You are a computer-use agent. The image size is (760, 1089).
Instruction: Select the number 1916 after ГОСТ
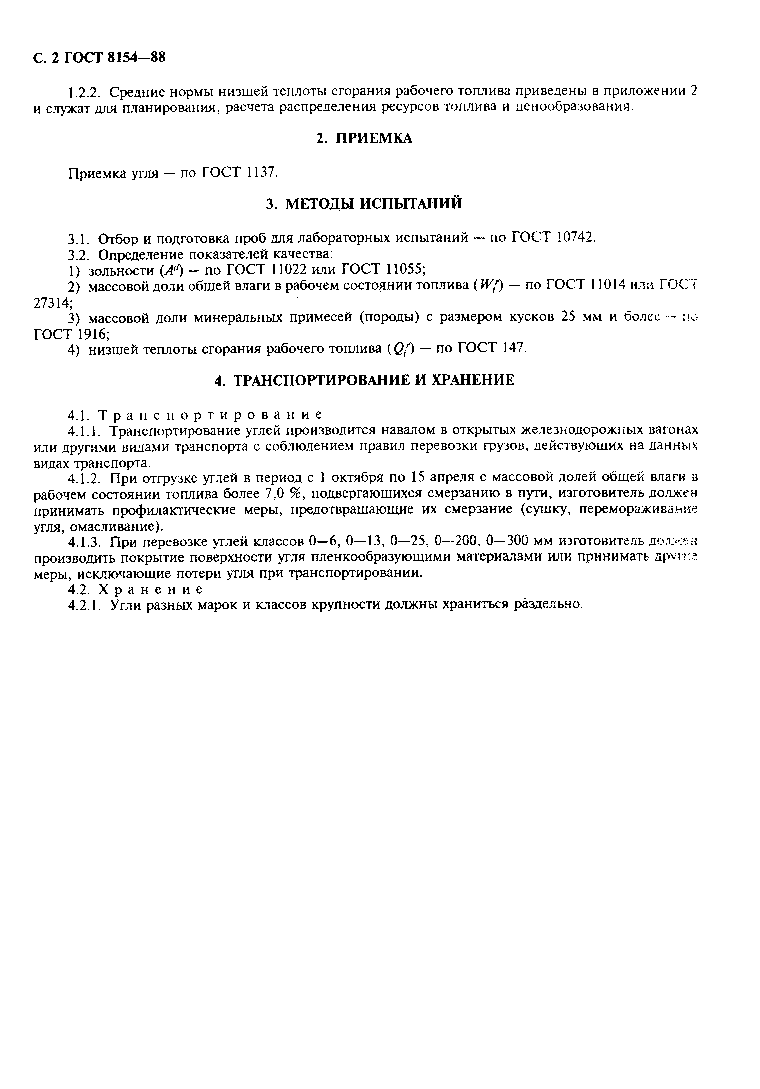(x=93, y=334)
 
